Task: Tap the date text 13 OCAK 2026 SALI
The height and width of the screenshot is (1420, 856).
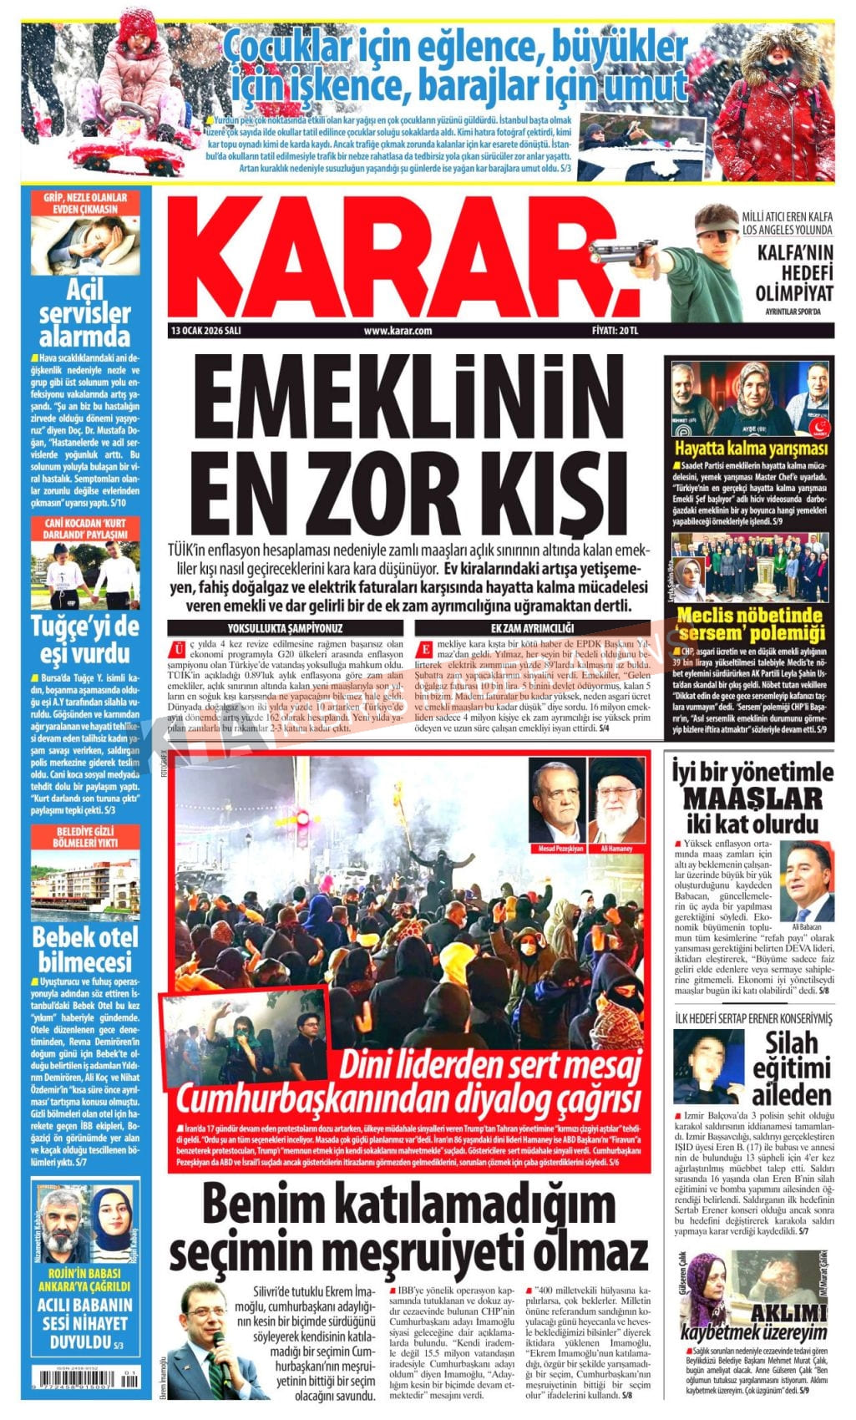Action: click(x=205, y=331)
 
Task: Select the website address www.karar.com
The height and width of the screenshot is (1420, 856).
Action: click(x=398, y=331)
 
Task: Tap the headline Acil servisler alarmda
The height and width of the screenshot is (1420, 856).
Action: click(x=84, y=313)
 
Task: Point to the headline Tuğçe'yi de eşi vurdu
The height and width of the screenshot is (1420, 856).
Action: click(x=84, y=639)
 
